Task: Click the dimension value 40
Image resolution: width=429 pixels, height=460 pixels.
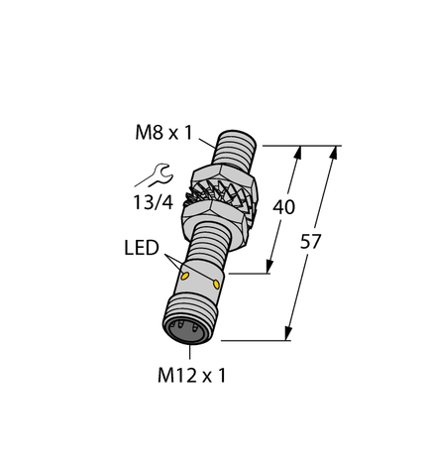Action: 282,208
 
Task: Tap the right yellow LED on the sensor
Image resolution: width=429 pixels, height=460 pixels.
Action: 216,285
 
